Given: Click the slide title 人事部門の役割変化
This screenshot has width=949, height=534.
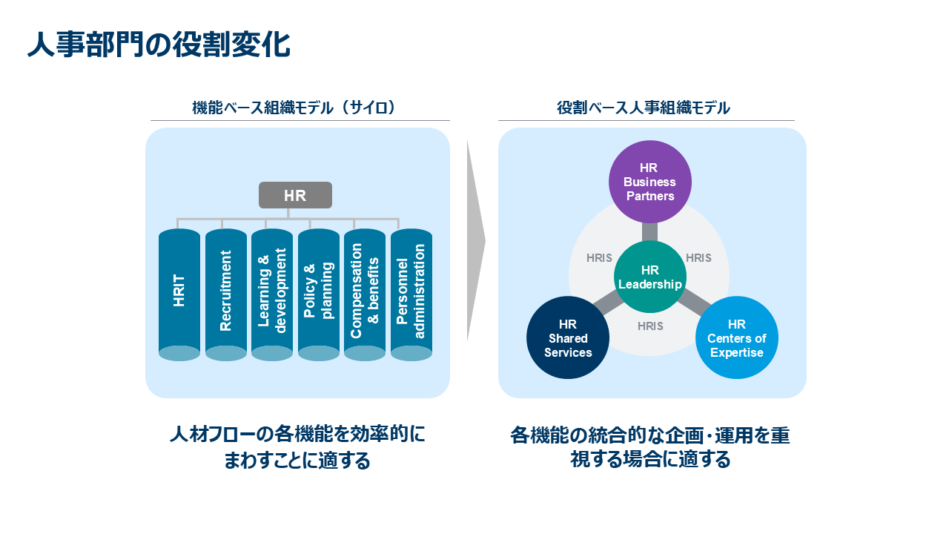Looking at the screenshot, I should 159,44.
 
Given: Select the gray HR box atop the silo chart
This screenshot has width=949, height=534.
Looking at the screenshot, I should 295,195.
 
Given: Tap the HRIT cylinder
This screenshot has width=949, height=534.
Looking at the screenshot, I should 179,293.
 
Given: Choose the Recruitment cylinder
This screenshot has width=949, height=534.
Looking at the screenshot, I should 226,293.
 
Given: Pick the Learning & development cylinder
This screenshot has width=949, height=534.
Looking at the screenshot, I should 272,293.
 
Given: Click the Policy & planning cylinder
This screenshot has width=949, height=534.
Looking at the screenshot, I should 319,293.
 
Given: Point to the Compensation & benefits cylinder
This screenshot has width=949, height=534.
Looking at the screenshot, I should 365,293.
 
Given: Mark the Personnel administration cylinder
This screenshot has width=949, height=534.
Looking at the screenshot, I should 411,293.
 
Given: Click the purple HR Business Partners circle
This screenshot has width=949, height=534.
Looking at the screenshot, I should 649,182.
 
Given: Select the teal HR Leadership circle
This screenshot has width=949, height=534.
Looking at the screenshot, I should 649,277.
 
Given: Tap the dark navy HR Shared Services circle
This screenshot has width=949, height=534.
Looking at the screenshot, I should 568,337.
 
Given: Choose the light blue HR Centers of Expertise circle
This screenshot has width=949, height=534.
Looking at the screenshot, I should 736,337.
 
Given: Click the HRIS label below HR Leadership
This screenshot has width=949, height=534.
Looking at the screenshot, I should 650,326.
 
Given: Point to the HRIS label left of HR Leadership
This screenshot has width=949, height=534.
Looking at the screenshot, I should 599,258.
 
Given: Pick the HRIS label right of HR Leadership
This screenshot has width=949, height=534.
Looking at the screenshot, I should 698,258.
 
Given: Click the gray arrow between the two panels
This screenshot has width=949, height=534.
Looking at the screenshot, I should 475,241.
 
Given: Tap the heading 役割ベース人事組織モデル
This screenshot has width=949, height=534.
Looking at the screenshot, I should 644,108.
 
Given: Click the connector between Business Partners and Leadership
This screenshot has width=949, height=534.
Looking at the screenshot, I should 649,231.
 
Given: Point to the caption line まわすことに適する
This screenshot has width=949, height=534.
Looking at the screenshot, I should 297,461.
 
